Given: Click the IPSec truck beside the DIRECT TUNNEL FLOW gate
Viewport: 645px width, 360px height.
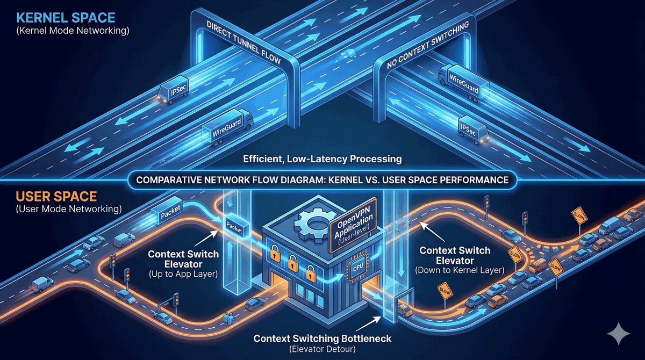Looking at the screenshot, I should (x=172, y=92).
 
